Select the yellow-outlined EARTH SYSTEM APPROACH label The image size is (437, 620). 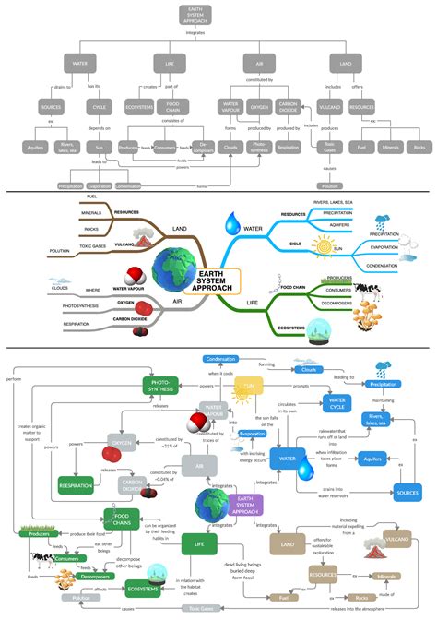[210, 280]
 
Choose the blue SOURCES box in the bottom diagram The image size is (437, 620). [407, 493]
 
